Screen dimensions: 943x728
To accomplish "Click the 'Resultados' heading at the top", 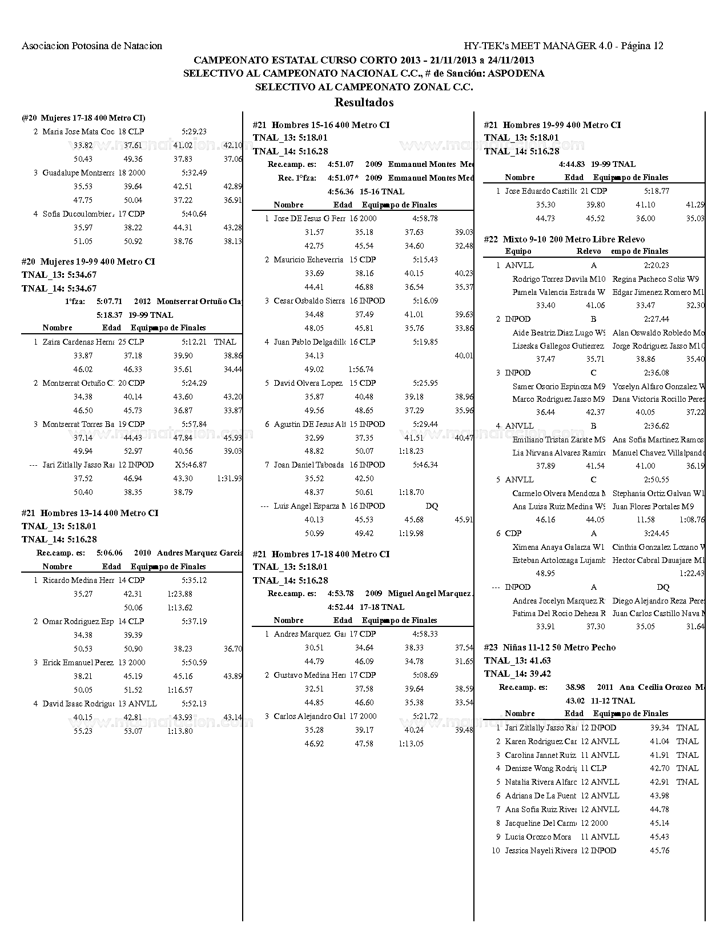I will click(364, 103).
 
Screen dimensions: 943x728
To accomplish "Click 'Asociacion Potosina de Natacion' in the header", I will click(92, 46).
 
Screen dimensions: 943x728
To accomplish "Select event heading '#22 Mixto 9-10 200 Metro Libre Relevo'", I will click(564, 239).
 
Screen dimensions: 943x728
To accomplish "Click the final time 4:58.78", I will click(425, 218).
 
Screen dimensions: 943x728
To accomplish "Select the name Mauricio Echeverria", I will click(309, 259).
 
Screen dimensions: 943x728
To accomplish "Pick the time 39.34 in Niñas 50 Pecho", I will click(659, 728).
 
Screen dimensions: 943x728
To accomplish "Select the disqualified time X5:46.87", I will click(191, 465).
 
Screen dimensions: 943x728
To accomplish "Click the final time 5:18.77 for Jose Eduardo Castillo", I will click(656, 191).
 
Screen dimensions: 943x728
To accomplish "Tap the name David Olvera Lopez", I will click(308, 383).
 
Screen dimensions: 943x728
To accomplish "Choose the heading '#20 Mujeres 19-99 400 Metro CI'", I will click(88, 262).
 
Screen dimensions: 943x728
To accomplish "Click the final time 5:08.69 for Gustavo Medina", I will click(425, 675).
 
